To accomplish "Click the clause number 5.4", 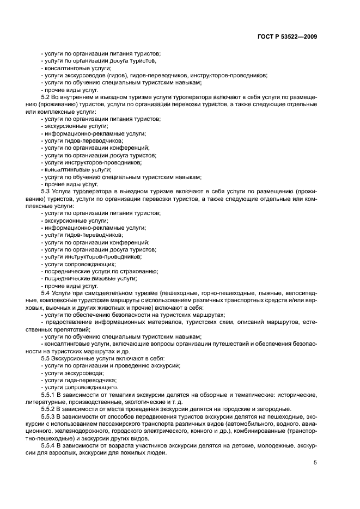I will point(46,293).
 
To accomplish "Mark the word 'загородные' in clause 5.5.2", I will point(274,409).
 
